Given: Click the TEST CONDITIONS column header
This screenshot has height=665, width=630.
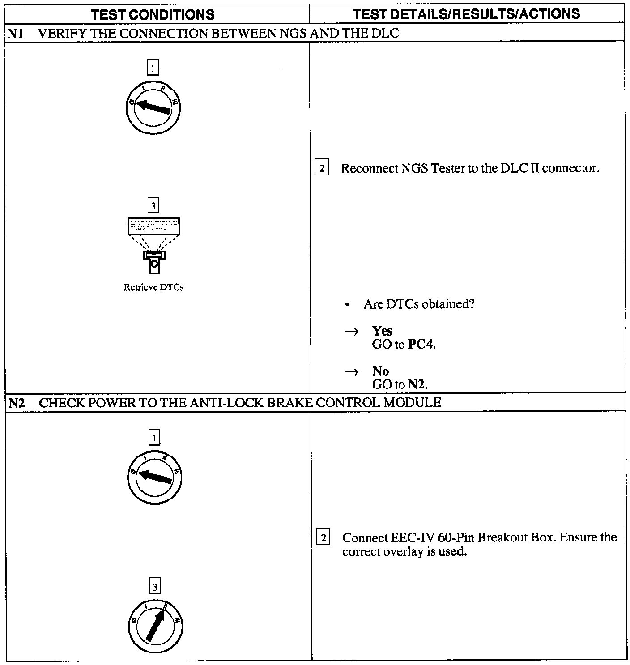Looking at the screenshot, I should (x=153, y=14).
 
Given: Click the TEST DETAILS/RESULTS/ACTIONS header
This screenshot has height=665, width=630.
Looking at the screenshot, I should (x=466, y=14).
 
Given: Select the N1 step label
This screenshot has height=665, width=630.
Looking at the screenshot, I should (x=16, y=34).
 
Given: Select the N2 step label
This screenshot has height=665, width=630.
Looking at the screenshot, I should (x=17, y=403).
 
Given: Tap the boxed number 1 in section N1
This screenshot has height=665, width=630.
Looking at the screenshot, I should (x=153, y=68).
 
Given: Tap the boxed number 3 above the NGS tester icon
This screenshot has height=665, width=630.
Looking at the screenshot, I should (x=153, y=206).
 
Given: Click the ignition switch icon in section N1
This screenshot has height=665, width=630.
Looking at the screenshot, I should (x=153, y=107).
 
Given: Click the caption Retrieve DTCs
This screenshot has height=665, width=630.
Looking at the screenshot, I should (x=153, y=287).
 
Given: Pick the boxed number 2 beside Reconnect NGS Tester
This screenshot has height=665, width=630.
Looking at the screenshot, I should (x=322, y=168).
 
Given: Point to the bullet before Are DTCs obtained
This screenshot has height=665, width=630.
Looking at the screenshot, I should (x=347, y=305).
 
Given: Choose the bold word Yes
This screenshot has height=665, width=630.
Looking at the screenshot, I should (x=382, y=331).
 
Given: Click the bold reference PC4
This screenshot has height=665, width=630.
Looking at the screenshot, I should (x=421, y=345).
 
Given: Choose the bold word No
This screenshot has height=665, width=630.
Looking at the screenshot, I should (x=380, y=371).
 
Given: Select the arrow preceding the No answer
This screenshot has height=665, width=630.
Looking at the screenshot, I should (x=352, y=371).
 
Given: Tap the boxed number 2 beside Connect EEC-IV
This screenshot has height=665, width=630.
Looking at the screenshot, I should (x=323, y=537).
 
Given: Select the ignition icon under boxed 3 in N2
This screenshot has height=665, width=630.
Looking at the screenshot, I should (x=155, y=626).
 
